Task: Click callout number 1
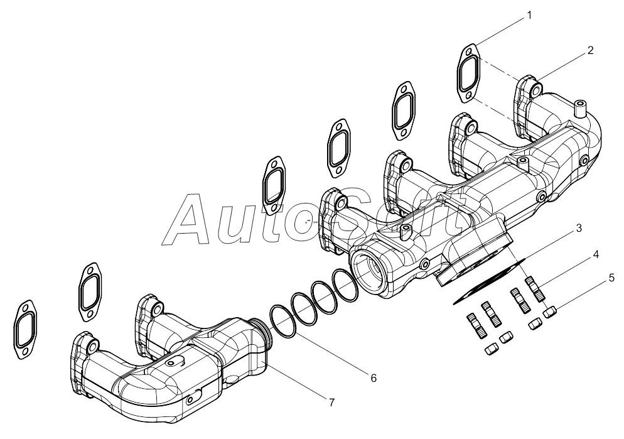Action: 529,15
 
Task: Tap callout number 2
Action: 590,50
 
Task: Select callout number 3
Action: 579,228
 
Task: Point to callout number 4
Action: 595,254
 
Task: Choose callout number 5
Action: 611,278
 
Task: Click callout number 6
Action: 374,378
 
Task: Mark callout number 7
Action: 331,403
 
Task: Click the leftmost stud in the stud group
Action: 475,326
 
